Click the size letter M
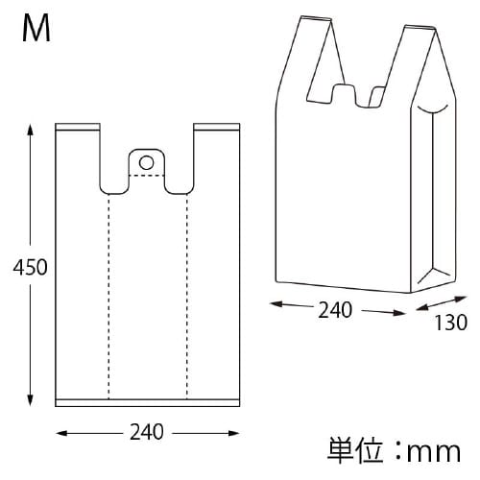tap(36, 31)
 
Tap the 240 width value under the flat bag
tap(146, 431)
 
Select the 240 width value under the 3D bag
tap(336, 309)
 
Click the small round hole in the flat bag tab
tap(146, 161)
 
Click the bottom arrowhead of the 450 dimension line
tap(32, 403)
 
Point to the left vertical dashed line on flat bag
tap(108, 298)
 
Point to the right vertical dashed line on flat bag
tap(186, 298)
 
